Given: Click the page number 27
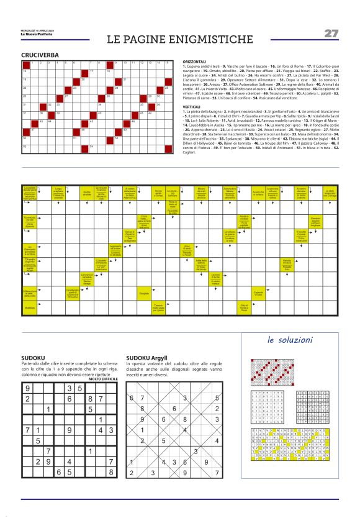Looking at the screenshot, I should (x=331, y=33).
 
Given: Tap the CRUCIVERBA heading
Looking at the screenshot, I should (x=40, y=55).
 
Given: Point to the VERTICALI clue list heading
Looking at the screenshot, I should (x=192, y=106).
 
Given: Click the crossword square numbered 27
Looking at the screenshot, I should (x=68, y=98).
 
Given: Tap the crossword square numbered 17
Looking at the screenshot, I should (x=93, y=73).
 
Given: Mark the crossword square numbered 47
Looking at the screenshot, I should (x=34, y=130).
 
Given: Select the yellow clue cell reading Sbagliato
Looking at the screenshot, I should (x=144, y=292).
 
